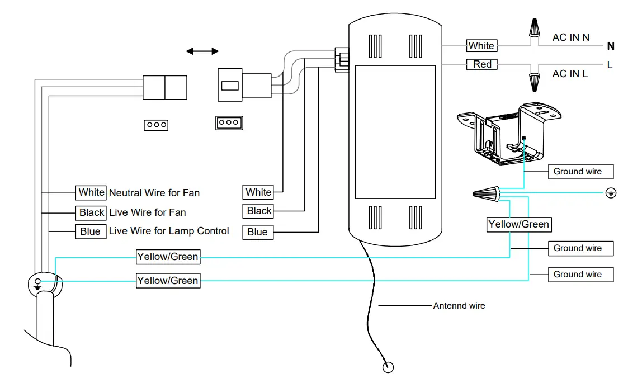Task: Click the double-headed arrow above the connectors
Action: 202,51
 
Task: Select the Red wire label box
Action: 482,64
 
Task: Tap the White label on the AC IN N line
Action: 481,46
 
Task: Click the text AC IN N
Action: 571,37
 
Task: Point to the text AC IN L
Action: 570,74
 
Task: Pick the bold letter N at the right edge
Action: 610,46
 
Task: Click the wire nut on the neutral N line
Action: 534,27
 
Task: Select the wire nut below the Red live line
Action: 534,83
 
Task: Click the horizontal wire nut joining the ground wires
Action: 486,194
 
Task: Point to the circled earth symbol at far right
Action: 611,193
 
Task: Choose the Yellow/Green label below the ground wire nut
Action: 519,224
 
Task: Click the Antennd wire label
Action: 459,305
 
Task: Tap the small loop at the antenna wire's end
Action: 388,367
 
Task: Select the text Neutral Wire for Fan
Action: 154,192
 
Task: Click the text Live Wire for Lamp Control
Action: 169,231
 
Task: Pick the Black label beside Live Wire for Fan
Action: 91,212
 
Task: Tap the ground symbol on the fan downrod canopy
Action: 37,283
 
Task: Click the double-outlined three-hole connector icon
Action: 229,122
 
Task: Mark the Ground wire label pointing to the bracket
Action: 580,171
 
